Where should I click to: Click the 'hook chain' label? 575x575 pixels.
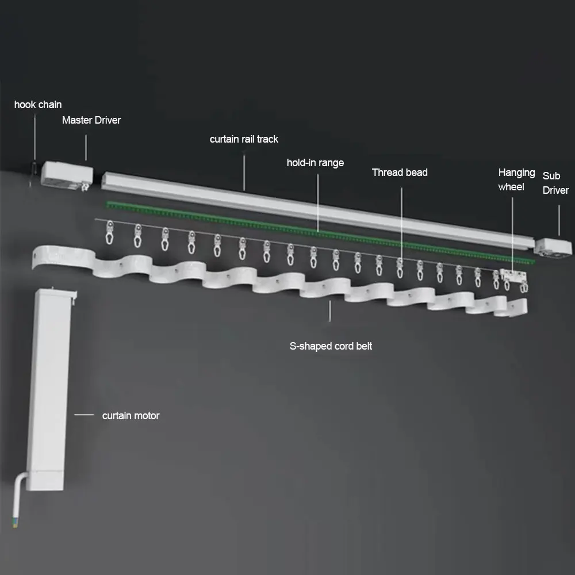[38, 105]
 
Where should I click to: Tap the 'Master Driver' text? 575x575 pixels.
[91, 120]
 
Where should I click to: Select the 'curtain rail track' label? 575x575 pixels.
[244, 139]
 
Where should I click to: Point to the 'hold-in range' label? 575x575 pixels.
[315, 163]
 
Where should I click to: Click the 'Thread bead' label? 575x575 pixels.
[400, 172]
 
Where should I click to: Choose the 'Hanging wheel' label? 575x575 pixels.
[516, 179]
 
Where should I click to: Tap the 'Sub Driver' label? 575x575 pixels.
[555, 181]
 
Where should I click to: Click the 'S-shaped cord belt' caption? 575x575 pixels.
[331, 346]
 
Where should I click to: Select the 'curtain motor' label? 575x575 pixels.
[131, 416]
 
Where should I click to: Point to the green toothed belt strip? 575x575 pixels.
[316, 230]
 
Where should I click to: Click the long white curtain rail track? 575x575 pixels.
[316, 207]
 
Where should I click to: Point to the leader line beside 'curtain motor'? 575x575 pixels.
[85, 414]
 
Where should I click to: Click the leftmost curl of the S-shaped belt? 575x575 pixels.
[57, 259]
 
